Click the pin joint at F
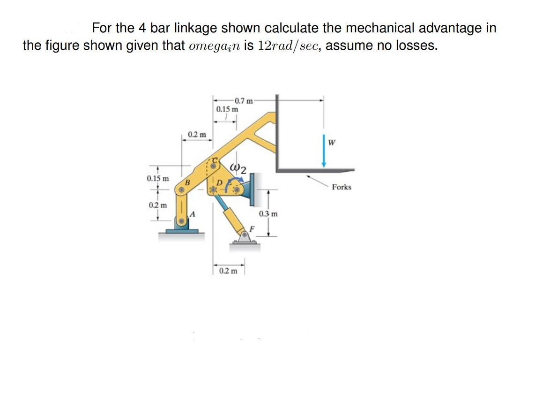tap(244, 233)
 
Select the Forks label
tap(341, 187)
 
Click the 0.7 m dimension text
tap(244, 100)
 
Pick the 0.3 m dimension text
tap(268, 214)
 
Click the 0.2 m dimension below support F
tap(228, 271)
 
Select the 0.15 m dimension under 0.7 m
tap(227, 109)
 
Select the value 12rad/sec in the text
tap(287, 46)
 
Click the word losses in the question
tap(415, 46)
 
